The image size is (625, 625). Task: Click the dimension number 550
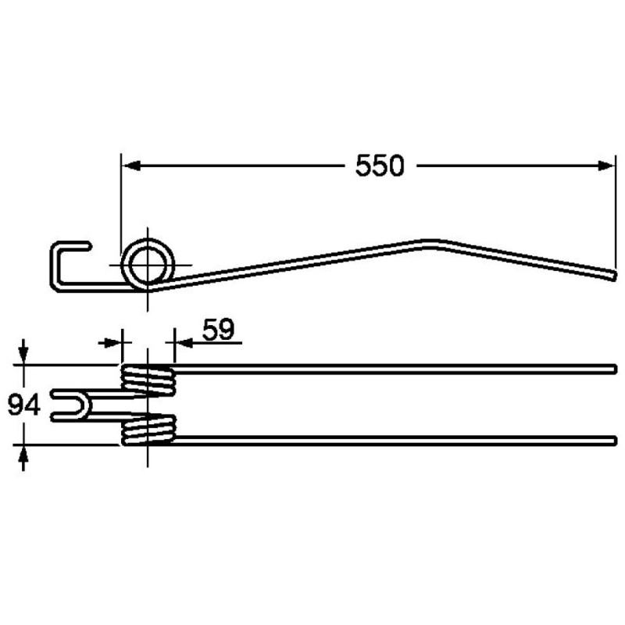click(x=380, y=166)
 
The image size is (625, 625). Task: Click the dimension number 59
click(x=219, y=330)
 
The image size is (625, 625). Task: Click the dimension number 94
click(x=24, y=405)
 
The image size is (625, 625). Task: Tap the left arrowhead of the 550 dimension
click(x=131, y=166)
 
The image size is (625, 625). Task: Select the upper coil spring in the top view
click(x=148, y=380)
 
